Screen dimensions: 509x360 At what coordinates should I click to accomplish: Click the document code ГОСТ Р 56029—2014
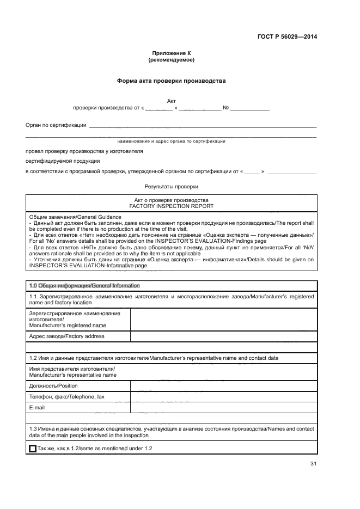pos(287,37)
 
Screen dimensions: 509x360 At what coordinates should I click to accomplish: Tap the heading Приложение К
pos(171,53)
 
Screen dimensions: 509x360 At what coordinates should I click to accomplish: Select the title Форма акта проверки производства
pos(171,81)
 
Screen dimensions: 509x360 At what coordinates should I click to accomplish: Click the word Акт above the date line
pos(171,101)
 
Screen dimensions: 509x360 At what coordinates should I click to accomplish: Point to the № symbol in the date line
pos(225,108)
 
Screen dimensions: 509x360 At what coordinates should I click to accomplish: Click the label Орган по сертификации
pos(56,125)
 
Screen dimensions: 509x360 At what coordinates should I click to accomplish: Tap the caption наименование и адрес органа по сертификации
pos(171,141)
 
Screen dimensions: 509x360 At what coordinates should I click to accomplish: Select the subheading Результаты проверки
pos(171,187)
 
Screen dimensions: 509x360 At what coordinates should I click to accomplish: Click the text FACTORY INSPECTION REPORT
pos(171,207)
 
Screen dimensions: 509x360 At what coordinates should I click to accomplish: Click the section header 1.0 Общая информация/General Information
pos(84,285)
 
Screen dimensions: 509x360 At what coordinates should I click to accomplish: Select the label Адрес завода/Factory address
pos(66,336)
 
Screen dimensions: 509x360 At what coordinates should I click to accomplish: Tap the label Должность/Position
pos(53,385)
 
